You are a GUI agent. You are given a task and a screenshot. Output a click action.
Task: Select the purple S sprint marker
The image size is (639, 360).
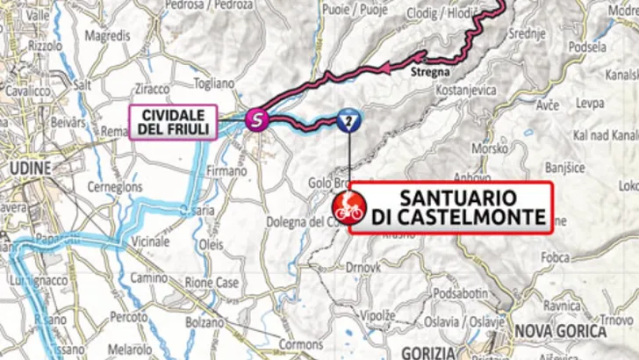click(255, 118)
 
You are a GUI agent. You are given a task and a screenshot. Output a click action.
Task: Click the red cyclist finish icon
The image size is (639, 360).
click(347, 208)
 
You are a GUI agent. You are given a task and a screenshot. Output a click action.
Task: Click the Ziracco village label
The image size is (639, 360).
click(154, 90)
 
